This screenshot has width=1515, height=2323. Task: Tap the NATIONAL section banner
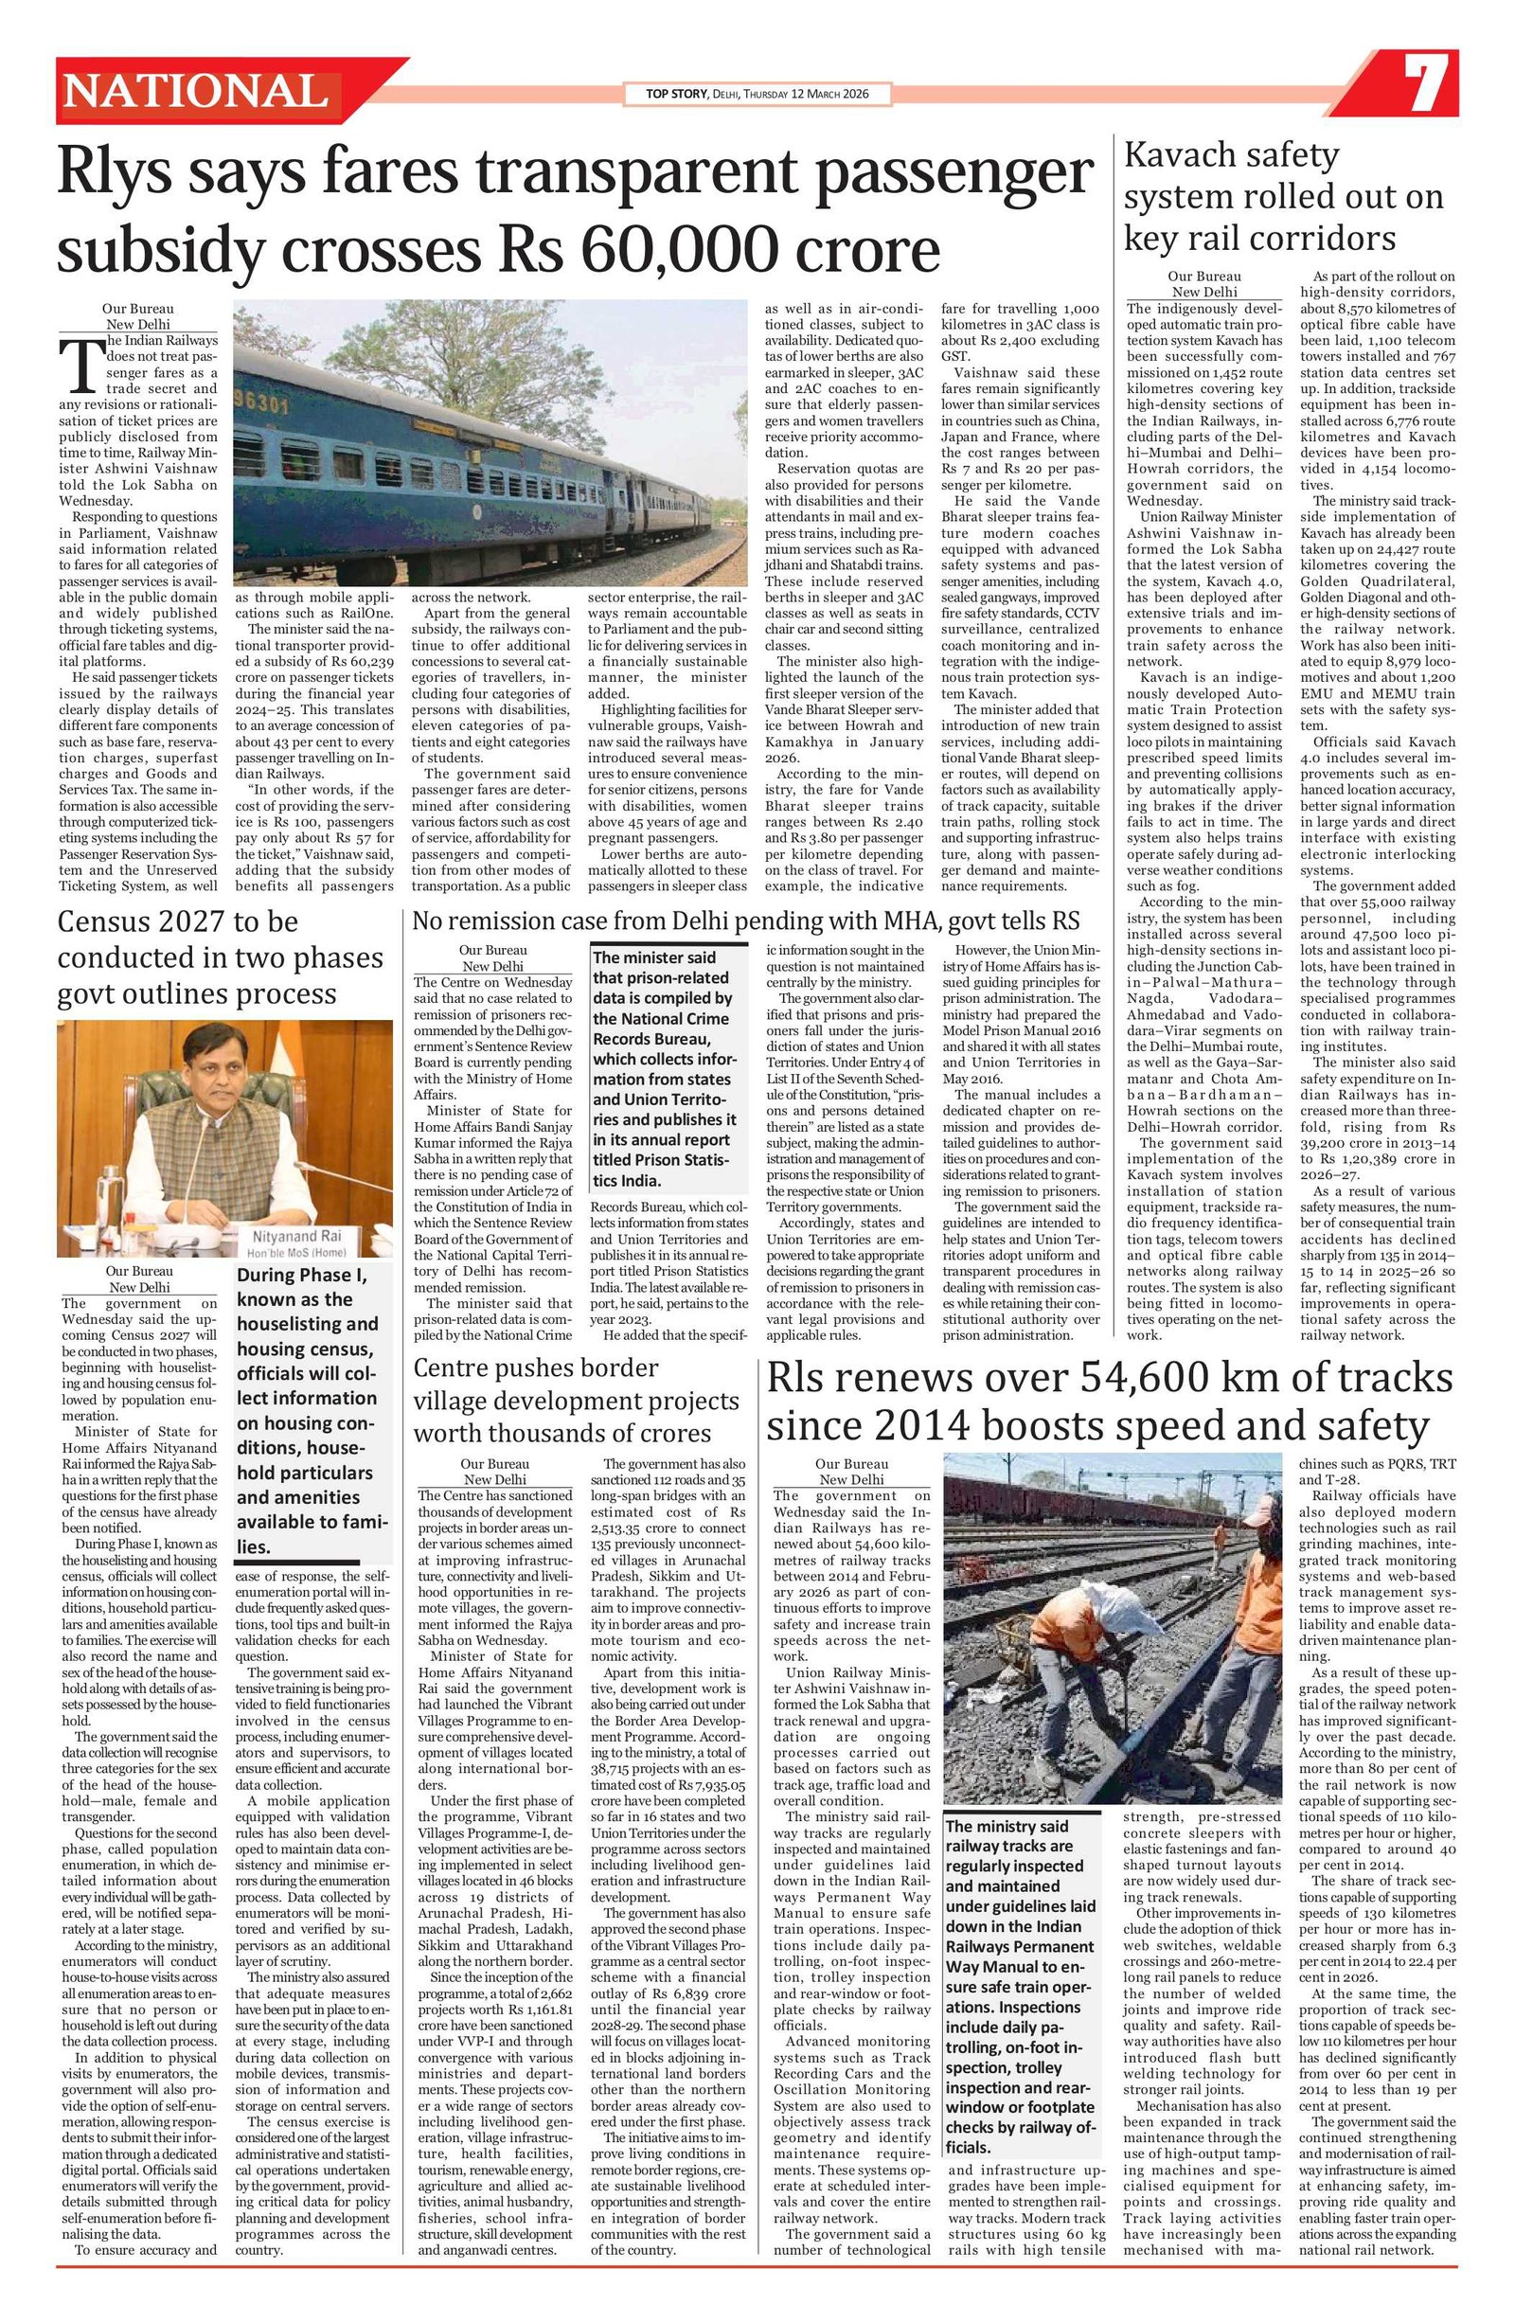coord(196,92)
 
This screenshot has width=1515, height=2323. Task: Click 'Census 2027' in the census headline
coord(140,921)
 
